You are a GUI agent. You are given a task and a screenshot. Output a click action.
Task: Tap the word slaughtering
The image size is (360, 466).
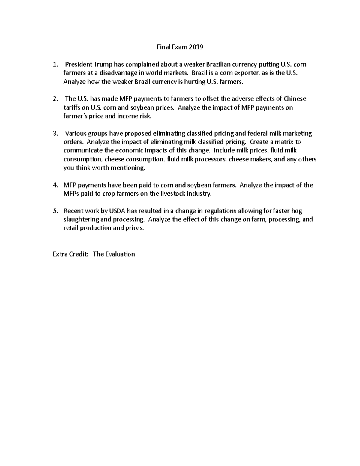pos(82,219)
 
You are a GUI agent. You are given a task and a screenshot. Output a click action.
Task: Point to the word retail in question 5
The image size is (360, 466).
pos(71,228)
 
